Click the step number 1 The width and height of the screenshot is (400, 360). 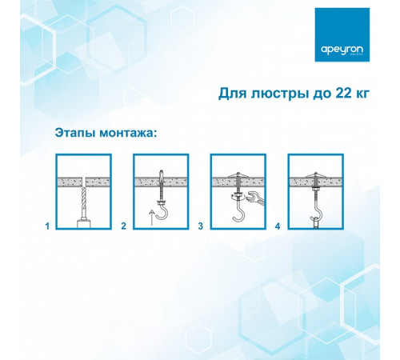pos(46,226)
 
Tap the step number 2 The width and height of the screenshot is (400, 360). pos(123,226)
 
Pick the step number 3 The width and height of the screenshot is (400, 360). pos(200,226)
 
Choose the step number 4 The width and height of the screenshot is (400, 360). pos(277,226)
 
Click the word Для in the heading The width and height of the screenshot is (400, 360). pos(233,94)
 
